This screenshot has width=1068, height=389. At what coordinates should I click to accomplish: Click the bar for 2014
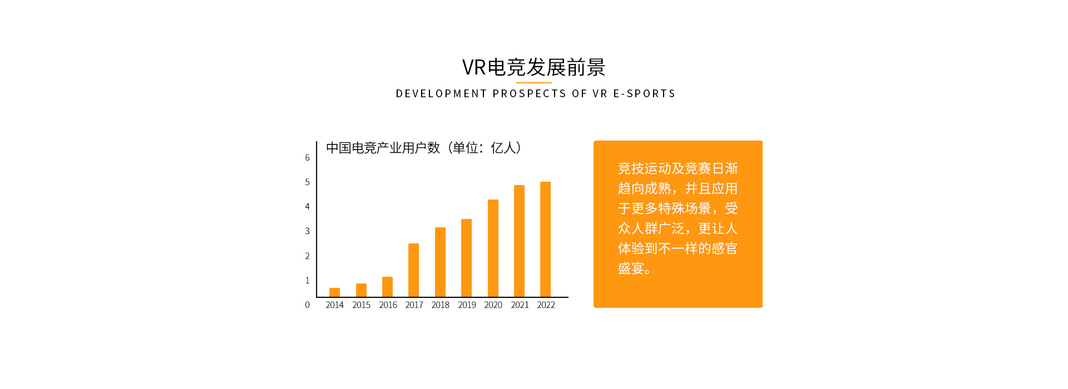click(334, 292)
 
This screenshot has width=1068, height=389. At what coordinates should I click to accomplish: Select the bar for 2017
click(413, 270)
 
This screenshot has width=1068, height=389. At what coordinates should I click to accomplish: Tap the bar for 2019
click(466, 258)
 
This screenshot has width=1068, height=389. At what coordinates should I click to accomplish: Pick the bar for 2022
click(545, 240)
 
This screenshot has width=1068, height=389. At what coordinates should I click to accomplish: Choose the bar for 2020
click(493, 248)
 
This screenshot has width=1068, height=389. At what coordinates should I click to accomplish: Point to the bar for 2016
click(387, 287)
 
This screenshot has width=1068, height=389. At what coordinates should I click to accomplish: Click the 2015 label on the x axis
click(361, 305)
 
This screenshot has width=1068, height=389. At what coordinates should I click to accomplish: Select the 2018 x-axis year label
click(440, 305)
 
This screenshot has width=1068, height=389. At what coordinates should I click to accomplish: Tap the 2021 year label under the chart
click(520, 305)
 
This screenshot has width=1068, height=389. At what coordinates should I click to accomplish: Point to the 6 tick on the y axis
click(307, 158)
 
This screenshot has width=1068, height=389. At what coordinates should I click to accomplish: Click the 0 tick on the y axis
click(307, 305)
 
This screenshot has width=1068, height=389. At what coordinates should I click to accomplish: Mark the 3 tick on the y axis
click(307, 231)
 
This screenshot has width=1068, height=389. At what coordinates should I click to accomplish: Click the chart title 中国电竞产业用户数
click(383, 148)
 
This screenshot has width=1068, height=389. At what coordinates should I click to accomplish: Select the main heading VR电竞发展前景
click(533, 67)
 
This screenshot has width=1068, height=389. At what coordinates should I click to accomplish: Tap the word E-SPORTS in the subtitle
click(644, 93)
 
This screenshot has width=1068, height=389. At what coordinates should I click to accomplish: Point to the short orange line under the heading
click(533, 83)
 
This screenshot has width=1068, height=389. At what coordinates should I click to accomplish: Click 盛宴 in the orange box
click(631, 269)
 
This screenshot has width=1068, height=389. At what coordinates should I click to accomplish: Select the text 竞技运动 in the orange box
click(644, 168)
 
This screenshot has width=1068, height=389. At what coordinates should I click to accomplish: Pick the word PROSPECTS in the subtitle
click(529, 93)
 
